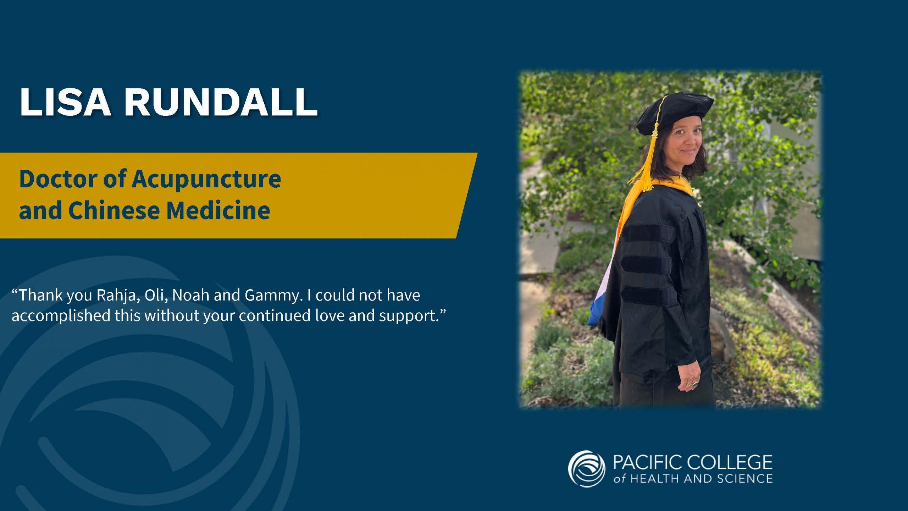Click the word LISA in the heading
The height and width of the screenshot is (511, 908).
[65, 102]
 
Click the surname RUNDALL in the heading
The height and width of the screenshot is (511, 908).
[221, 102]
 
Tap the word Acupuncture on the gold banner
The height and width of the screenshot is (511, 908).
[206, 179]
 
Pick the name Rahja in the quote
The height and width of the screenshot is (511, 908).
[117, 296]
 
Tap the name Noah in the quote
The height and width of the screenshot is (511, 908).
[190, 295]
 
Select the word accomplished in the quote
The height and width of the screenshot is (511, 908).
[61, 316]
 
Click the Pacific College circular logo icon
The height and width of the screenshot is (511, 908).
[586, 469]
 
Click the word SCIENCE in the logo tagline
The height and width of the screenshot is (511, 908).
[745, 479]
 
